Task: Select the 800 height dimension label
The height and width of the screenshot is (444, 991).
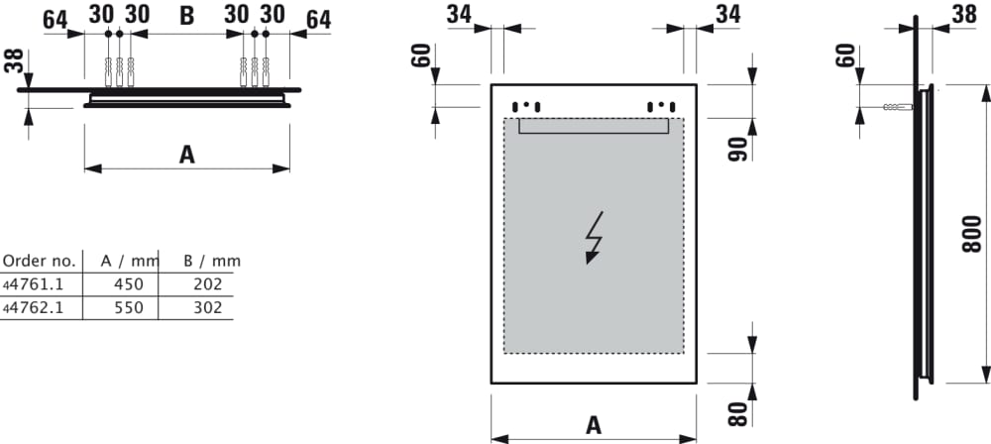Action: click(974, 234)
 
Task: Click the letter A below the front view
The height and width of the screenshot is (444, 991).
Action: click(594, 424)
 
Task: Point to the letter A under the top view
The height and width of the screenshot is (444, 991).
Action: click(186, 154)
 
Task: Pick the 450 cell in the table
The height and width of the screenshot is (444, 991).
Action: click(129, 284)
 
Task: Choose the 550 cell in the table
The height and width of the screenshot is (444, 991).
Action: click(129, 308)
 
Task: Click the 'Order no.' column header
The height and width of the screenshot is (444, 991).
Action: click(39, 262)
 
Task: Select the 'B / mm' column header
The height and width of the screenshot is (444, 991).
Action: click(212, 262)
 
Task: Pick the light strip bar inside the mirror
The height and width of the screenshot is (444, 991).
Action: click(594, 126)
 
